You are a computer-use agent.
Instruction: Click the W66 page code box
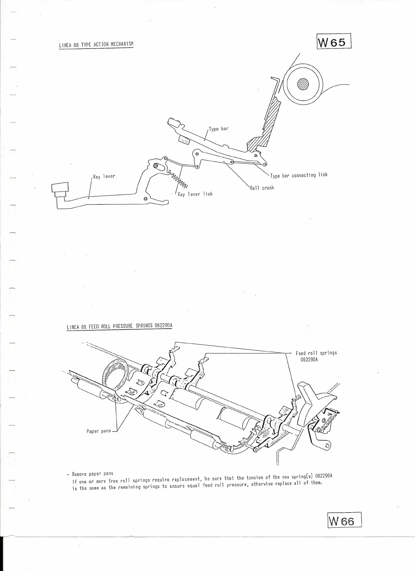[x=344, y=529]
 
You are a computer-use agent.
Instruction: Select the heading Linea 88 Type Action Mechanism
[x=96, y=44]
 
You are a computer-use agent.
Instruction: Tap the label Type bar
[x=218, y=129]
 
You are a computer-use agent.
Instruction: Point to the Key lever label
[x=104, y=177]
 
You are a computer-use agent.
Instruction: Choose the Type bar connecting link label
[x=299, y=175]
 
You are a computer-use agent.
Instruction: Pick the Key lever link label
[x=195, y=194]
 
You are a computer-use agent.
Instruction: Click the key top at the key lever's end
[x=60, y=189]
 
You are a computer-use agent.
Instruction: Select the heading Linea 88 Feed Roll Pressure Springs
[x=120, y=327]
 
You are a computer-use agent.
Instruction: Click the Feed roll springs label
[x=316, y=353]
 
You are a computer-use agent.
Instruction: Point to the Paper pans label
[x=98, y=431]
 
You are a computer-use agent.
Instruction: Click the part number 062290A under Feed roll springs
[x=309, y=360]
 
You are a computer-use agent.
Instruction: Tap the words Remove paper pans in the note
[x=93, y=474]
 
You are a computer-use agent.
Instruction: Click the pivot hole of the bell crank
[x=197, y=154]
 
